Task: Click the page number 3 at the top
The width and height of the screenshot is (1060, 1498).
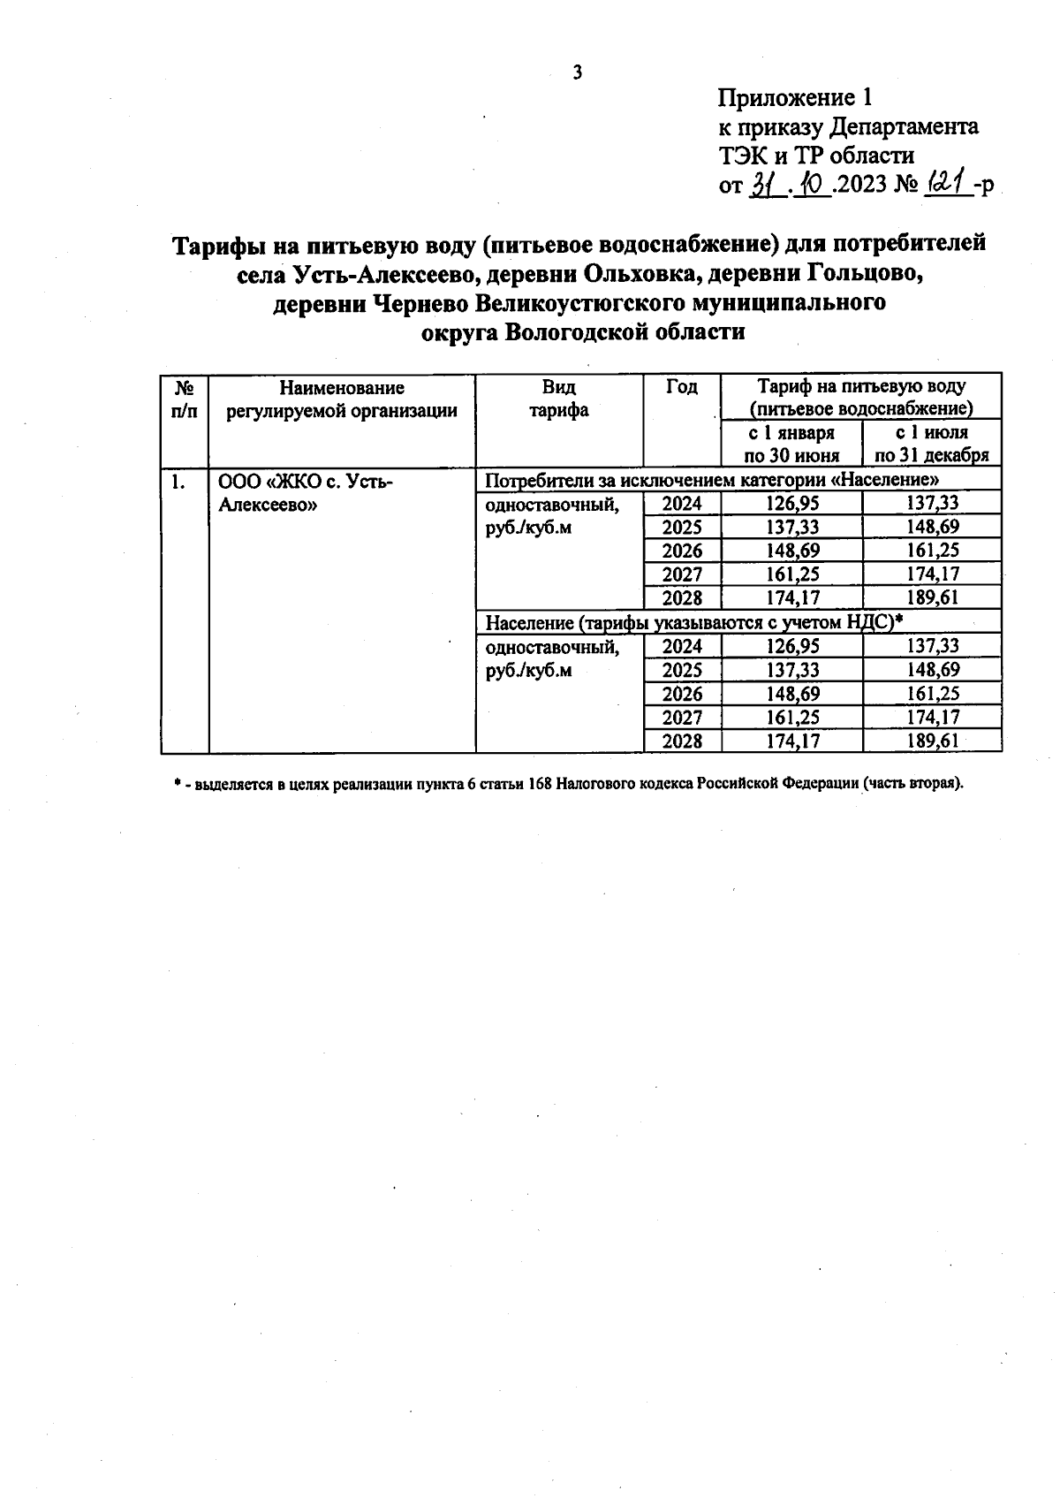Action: click(x=578, y=72)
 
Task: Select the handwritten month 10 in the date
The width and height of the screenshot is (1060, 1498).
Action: click(x=810, y=185)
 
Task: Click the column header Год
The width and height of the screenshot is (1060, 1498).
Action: click(x=681, y=387)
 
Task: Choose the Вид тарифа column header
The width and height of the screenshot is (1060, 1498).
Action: click(x=558, y=399)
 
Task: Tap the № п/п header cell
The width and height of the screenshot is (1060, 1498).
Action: click(x=185, y=399)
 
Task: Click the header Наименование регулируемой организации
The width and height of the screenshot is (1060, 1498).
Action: click(x=342, y=399)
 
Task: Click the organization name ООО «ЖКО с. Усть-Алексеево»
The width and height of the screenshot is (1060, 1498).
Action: click(x=305, y=493)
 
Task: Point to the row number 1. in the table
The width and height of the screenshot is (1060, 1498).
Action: click(x=179, y=482)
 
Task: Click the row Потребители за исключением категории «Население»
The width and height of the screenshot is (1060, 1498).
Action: click(x=711, y=480)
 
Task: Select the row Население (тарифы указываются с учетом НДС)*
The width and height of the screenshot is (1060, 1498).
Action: click(x=693, y=622)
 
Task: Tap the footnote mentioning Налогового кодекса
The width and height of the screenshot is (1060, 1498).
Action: click(x=568, y=784)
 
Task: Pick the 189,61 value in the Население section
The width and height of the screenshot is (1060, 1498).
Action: click(x=932, y=741)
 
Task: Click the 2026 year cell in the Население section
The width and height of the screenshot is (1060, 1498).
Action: click(x=682, y=694)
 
